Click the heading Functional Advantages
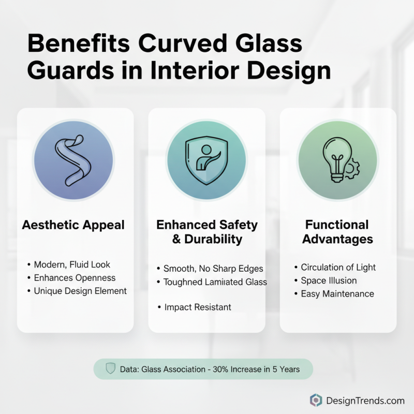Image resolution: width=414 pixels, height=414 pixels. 337,232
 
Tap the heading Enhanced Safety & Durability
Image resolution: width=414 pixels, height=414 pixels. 206,232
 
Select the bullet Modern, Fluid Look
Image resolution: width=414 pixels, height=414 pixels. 72,264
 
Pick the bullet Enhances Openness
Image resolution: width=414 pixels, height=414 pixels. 75,278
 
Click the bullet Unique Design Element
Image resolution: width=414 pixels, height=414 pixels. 80,291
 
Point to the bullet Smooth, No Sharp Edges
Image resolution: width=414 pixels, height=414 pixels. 213,269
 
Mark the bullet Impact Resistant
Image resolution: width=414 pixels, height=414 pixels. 198,307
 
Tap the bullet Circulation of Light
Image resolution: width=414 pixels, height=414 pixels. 338,267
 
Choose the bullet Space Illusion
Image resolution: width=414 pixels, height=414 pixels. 329,280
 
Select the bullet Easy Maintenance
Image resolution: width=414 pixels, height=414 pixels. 337,293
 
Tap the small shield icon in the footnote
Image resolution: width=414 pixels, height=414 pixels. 110,369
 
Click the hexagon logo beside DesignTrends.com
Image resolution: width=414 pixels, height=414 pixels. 316,400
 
